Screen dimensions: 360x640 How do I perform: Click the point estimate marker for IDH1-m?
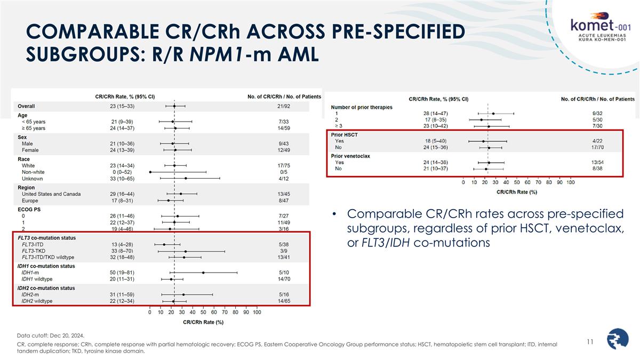203,273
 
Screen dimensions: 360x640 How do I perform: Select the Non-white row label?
34,172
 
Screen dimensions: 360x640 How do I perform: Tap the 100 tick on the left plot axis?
257,312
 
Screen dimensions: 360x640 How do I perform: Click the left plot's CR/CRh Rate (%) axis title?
203,322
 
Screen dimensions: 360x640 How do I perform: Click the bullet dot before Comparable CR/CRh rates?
334,214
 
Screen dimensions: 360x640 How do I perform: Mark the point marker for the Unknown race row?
186,179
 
